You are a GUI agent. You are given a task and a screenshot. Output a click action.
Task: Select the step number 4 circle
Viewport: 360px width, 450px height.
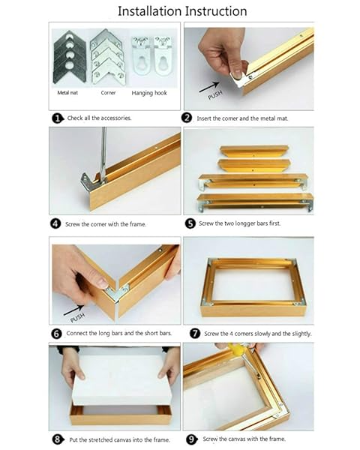point(55,223)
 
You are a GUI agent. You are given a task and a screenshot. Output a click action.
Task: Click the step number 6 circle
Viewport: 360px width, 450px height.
point(55,333)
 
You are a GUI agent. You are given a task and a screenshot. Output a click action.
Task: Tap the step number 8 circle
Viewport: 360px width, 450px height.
point(55,439)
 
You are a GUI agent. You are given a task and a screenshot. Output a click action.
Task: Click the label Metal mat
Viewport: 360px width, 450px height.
point(67,94)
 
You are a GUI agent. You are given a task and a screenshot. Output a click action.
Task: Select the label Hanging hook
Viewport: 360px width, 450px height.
point(151,94)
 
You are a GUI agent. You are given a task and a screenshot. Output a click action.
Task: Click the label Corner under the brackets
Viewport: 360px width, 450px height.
point(108,94)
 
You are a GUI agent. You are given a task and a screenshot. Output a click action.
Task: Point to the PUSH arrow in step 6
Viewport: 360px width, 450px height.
point(73,309)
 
